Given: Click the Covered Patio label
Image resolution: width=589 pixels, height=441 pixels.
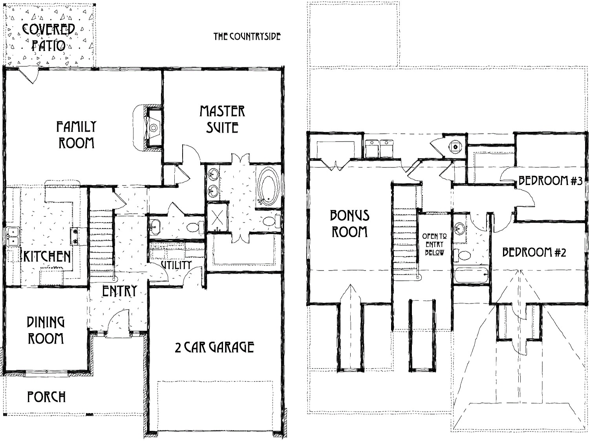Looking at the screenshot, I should [49, 37].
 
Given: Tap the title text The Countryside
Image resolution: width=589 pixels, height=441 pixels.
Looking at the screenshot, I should [247, 37].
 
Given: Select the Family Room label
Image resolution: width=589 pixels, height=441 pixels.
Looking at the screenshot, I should [76, 134].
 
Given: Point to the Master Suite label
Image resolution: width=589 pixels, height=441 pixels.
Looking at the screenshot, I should [222, 119].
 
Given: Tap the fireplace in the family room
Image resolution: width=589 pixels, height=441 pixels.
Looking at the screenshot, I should [153, 127].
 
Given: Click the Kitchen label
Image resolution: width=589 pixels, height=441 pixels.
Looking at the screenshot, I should [47, 256].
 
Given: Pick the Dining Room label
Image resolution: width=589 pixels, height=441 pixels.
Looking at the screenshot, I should [46, 330].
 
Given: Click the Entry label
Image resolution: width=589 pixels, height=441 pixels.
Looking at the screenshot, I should [119, 291].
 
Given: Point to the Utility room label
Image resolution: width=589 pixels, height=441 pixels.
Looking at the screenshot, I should [176, 265].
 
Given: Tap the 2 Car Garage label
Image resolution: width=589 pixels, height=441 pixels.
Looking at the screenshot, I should [214, 347].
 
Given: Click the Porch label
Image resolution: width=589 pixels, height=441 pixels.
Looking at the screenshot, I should [46, 397].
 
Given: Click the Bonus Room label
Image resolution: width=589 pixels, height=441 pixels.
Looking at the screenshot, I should [349, 223].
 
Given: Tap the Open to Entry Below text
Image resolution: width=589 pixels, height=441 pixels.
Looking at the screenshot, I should [434, 245].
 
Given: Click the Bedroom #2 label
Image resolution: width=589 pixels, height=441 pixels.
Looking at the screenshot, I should [534, 252].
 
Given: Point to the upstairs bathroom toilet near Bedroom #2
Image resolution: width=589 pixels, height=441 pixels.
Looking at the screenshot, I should [463, 255].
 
